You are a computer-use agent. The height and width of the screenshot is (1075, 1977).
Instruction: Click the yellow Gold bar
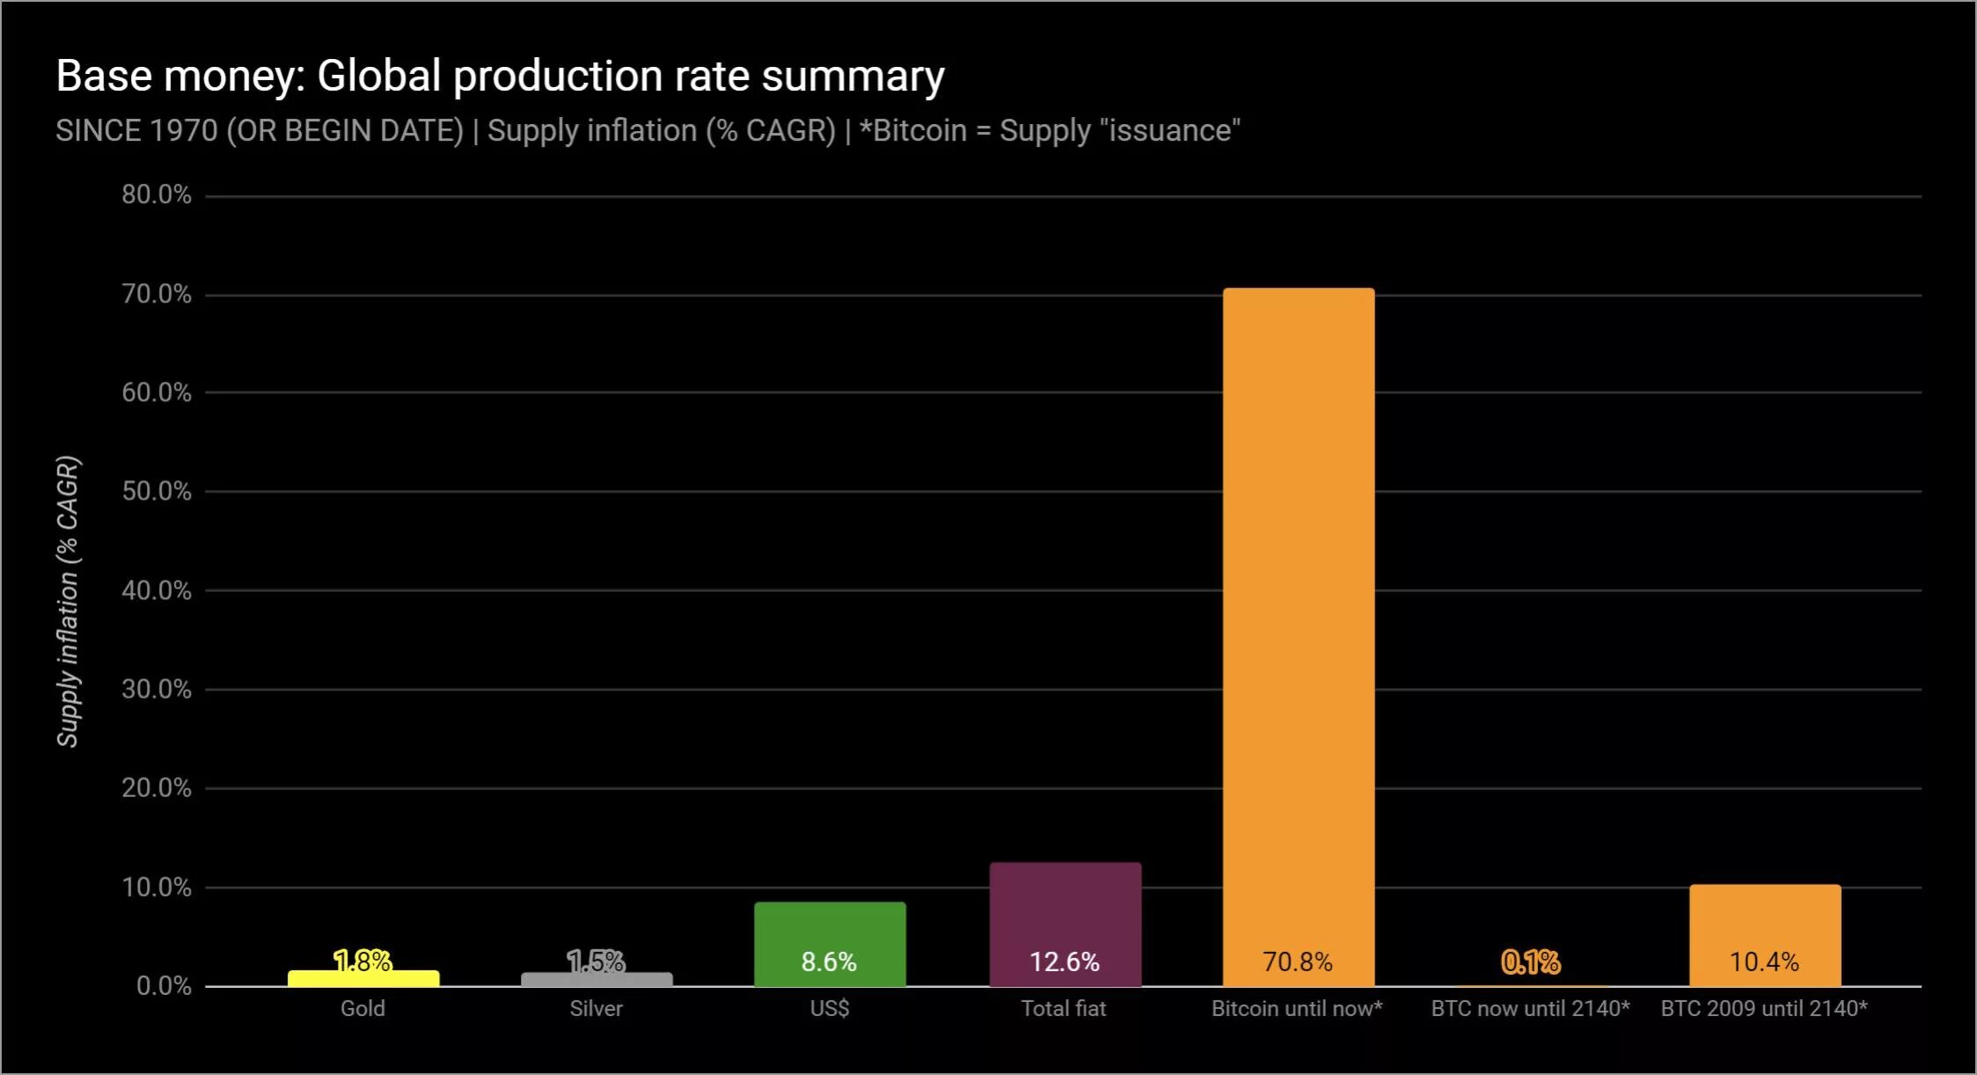(x=363, y=978)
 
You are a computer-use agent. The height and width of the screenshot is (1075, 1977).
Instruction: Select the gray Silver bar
(x=597, y=979)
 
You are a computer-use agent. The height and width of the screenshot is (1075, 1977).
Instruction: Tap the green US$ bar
(x=830, y=932)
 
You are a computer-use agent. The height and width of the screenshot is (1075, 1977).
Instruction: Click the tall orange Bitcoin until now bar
(x=1298, y=616)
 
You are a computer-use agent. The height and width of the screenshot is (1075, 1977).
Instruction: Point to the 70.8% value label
(x=1298, y=962)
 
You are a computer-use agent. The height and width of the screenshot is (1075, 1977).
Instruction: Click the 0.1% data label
(x=1530, y=962)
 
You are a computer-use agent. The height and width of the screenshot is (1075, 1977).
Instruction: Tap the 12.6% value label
(x=1065, y=962)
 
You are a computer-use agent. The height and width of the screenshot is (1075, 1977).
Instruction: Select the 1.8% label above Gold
(x=362, y=960)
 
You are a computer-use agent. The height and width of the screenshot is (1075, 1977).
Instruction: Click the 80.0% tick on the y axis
(x=156, y=194)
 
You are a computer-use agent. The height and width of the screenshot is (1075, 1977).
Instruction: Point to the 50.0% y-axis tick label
(x=156, y=491)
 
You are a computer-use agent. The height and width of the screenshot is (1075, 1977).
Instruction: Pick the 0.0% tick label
(x=163, y=985)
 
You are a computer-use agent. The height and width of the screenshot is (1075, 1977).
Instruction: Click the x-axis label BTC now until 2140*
(x=1530, y=1008)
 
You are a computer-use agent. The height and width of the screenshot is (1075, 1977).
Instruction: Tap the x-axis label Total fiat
(x=1063, y=1008)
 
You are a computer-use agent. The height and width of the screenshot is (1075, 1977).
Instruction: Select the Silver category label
(x=596, y=1008)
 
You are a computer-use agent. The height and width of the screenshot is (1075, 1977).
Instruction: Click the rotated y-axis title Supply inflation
(x=68, y=601)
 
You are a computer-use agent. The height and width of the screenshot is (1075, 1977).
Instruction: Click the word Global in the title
(x=378, y=76)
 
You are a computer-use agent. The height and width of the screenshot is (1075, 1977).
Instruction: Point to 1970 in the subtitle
(x=183, y=130)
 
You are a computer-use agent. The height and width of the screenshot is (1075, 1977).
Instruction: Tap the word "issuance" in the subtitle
(x=1169, y=130)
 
